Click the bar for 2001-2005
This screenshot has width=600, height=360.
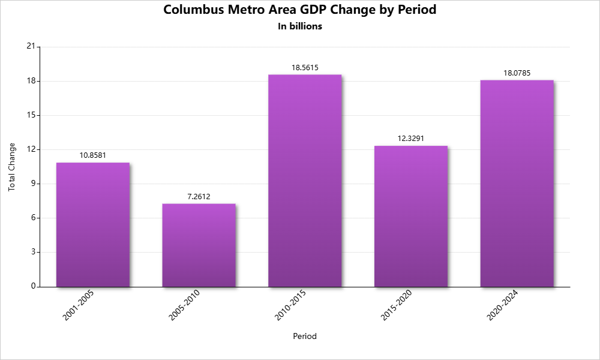(x=93, y=224)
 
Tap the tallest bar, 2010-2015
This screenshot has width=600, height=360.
(x=305, y=181)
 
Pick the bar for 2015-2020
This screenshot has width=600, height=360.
(x=411, y=216)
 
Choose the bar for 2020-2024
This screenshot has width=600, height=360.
(x=517, y=183)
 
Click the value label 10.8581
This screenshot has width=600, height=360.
(x=93, y=155)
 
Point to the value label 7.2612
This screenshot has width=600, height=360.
(x=199, y=196)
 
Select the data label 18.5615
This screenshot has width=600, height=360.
(x=305, y=68)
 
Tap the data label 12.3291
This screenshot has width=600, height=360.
(x=411, y=139)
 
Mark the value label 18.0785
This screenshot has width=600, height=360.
(x=517, y=73)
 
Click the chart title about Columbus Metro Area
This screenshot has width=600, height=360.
(x=300, y=10)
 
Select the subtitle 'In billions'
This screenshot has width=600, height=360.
(x=300, y=26)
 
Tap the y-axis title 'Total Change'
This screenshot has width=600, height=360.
(x=12, y=167)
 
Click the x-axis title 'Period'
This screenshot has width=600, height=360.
(x=305, y=337)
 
